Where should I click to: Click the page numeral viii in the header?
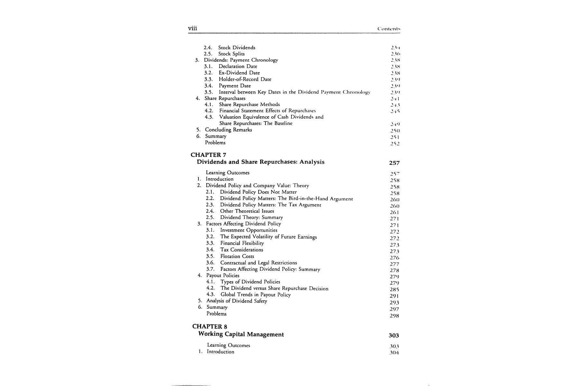[192, 28]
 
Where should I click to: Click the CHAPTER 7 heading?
[208, 155]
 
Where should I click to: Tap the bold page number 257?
[394, 163]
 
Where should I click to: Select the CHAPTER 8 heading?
[210, 326]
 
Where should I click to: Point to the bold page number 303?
[394, 335]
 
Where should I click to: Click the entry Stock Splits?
[231, 54]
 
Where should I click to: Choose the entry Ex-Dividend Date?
[239, 73]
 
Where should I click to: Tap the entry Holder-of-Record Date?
[245, 79]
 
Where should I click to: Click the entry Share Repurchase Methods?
[249, 105]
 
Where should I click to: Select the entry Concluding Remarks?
[228, 130]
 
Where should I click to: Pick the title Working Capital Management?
[241, 334]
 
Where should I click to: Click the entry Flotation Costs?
[237, 256]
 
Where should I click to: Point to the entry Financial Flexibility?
[242, 243]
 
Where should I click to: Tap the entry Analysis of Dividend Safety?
[237, 301]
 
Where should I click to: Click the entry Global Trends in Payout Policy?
[255, 295]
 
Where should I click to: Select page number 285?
[394, 289]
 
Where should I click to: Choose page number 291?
[394, 296]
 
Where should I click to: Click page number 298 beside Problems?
[394, 316]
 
